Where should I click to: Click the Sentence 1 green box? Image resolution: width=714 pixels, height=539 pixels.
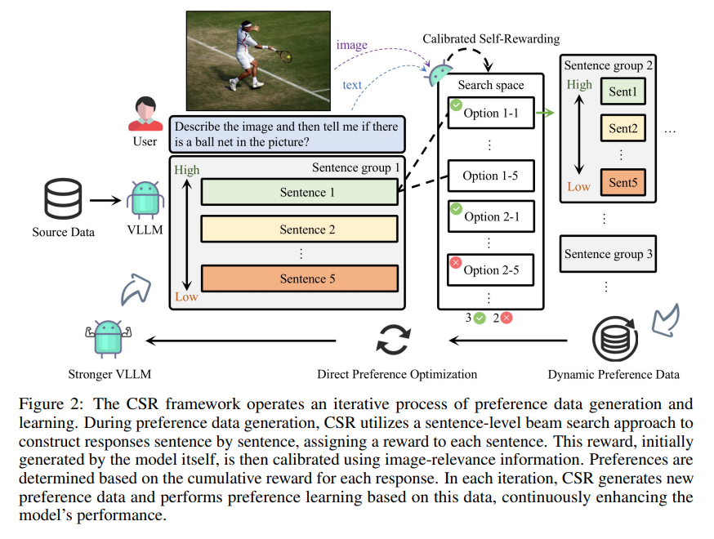pos(299,192)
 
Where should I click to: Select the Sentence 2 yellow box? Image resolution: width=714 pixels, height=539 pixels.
pos(299,229)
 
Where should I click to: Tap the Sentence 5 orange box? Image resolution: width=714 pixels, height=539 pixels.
pos(299,278)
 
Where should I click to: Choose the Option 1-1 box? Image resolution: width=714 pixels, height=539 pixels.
pos(491,113)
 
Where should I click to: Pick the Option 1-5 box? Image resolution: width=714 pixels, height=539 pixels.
pos(491,176)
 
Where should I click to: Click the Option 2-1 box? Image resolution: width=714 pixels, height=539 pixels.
pos(491,216)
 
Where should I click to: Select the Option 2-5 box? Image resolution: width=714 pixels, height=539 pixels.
pos(491,270)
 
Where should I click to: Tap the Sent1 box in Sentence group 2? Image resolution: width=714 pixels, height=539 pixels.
pos(622,91)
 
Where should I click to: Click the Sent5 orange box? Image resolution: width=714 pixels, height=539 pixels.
pos(622,183)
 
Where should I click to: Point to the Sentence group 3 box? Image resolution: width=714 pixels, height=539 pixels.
pos(609,254)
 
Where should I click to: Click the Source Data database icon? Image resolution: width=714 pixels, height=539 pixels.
pos(63,198)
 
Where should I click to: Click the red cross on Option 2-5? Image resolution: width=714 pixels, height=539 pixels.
pos(456,262)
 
